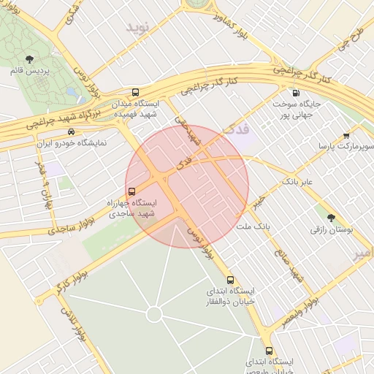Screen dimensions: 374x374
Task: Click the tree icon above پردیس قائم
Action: [x=29, y=58]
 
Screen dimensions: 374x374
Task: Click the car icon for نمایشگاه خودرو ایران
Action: [x=70, y=132]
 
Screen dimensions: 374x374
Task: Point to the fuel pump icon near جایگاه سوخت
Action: [x=296, y=93]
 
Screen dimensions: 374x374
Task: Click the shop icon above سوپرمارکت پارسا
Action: [x=346, y=135]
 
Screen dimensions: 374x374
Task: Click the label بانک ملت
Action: [x=253, y=227]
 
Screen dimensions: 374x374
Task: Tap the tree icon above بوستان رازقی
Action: [x=332, y=217]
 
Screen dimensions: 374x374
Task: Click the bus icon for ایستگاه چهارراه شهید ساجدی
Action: [x=131, y=191]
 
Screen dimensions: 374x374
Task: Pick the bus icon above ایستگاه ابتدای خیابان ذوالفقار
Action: [x=231, y=280]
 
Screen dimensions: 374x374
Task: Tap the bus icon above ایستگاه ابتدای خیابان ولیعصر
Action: [x=269, y=351]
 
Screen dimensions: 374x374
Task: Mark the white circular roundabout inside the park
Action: [x=153, y=314]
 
